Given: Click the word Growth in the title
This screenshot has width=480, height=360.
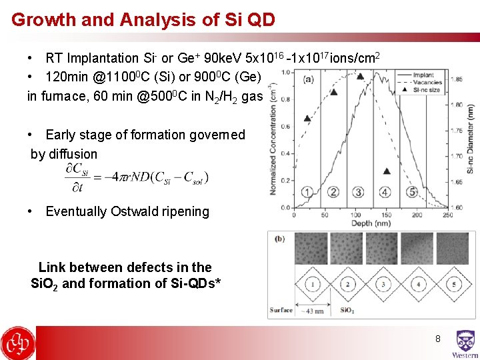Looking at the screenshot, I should coord(43,19).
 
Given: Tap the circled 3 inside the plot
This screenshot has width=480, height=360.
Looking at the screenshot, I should coord(358,193).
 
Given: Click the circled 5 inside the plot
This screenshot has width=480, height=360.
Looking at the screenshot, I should coord(412,193).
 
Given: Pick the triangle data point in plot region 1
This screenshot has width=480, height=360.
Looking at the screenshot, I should coord(307,119).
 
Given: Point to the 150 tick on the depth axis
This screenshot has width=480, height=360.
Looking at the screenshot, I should coord(387,215).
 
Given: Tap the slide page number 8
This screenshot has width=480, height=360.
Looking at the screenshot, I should coord(438,339).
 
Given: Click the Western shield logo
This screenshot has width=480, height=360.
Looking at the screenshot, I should coord(465,341).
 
